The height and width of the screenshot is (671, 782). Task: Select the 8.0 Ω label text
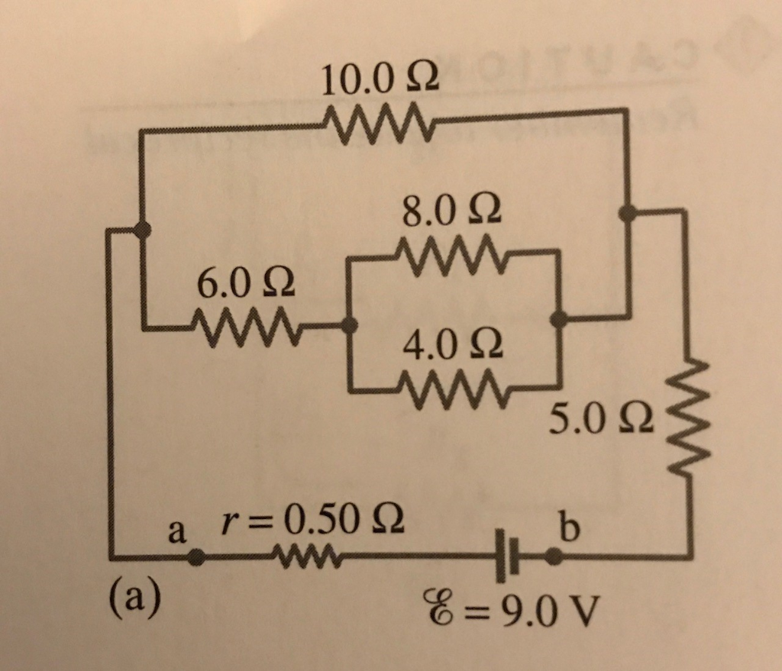452,209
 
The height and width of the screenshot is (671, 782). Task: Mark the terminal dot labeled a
196,559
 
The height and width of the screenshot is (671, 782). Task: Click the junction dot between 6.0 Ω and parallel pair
349,325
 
